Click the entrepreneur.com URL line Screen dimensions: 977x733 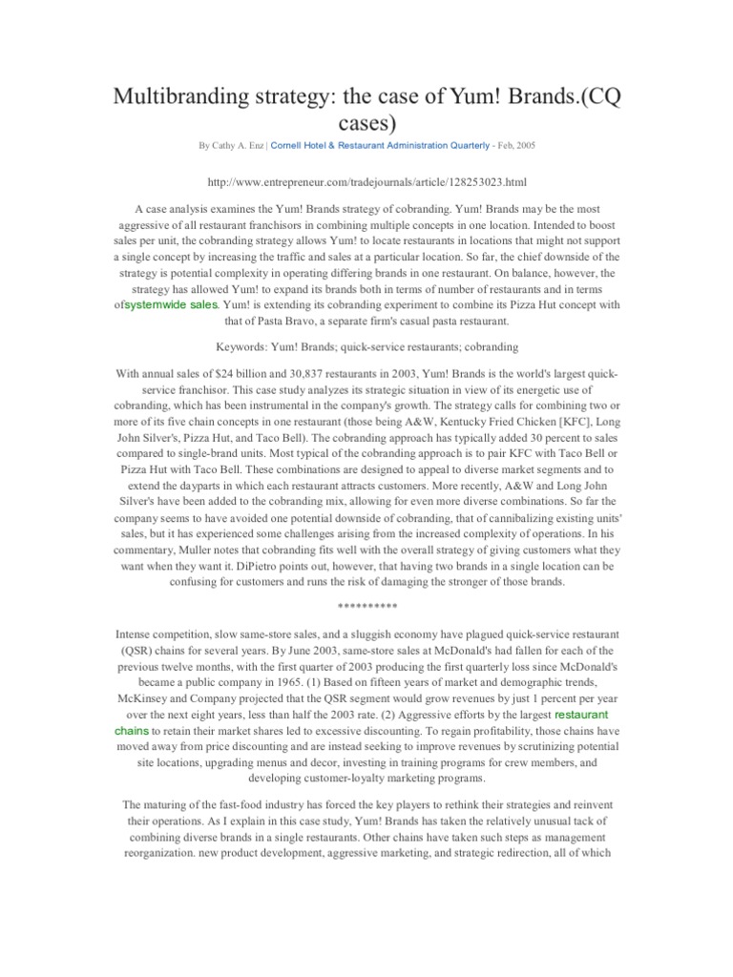click(x=366, y=180)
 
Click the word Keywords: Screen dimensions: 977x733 click(x=243, y=347)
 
